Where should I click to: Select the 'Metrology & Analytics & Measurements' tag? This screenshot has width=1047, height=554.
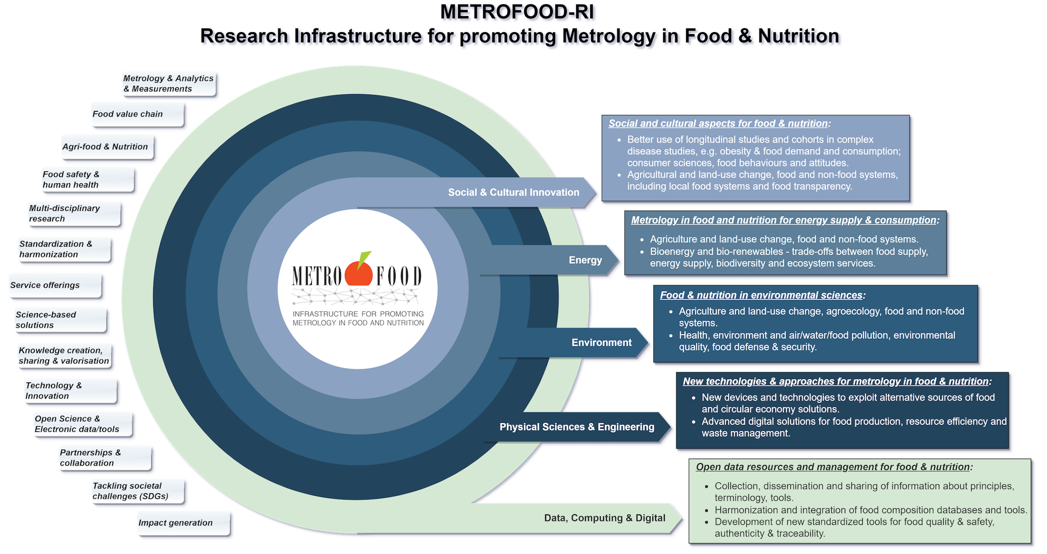point(168,83)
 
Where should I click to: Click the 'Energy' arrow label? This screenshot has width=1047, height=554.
point(585,260)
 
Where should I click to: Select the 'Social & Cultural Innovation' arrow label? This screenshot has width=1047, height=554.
point(513,193)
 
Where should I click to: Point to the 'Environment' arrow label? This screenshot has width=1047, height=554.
point(601,342)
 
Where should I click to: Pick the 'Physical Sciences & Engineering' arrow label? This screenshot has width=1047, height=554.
point(577,427)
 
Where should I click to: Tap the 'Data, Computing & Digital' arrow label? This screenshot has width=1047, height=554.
point(605,518)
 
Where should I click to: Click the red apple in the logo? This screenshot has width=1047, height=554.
point(358,275)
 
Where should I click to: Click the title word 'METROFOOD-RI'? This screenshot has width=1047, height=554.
point(519,13)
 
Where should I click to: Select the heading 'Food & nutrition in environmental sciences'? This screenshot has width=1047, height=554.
point(761,295)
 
